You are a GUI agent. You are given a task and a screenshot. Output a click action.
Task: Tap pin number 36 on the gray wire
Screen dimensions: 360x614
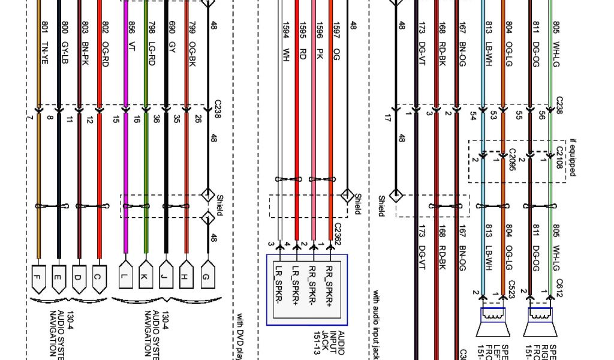pos(156,119)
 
